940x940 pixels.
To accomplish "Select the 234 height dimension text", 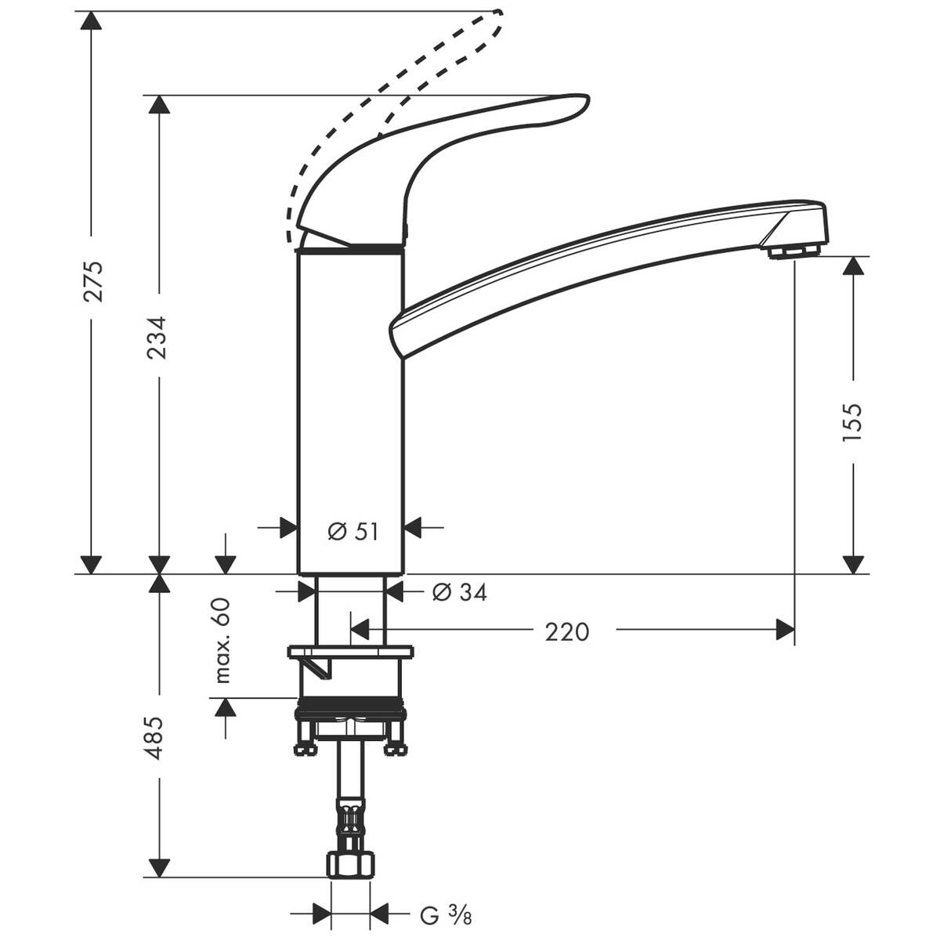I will [x=159, y=338].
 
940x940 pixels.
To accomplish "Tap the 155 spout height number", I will [x=852, y=422].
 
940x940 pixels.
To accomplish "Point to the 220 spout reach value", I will [x=566, y=631].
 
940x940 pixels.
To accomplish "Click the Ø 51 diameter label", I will [x=352, y=532].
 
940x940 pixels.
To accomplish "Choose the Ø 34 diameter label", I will [x=460, y=593].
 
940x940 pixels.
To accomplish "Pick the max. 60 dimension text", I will [x=224, y=640].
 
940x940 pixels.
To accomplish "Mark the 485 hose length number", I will [x=158, y=737].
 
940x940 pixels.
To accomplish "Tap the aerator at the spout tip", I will [x=794, y=251].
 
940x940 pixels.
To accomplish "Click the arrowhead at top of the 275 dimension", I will [x=92, y=21].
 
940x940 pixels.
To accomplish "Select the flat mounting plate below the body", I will [x=350, y=652].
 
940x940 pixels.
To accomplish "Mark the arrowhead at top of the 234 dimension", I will [x=159, y=106].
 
